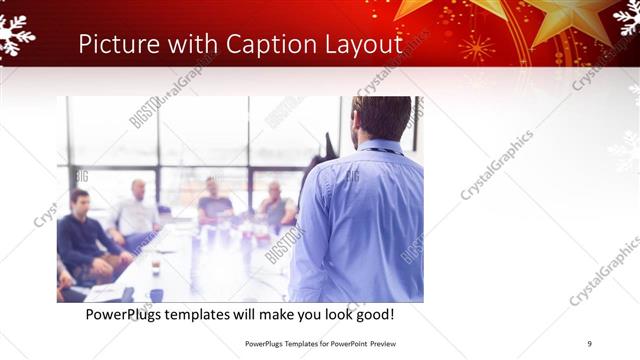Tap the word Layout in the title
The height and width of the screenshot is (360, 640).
[368, 44]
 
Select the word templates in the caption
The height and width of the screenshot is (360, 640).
[207, 315]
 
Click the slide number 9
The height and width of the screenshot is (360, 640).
[589, 343]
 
